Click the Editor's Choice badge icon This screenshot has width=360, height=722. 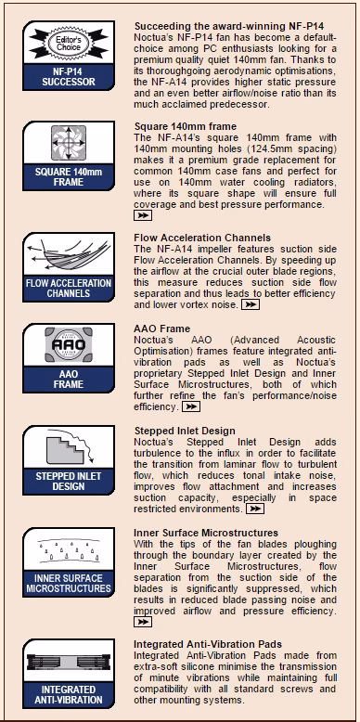(69, 44)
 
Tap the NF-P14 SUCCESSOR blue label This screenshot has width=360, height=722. (69, 77)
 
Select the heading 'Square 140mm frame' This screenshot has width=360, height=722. (185, 126)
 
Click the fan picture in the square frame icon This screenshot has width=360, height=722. (69, 143)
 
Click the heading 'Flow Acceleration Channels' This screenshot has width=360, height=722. (202, 238)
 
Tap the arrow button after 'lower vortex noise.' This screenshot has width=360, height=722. (251, 304)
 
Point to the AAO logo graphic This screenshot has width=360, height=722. (69, 344)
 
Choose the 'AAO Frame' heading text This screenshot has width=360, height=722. (161, 329)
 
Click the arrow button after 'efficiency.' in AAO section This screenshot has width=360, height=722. (191, 406)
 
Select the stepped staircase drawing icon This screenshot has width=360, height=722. (69, 446)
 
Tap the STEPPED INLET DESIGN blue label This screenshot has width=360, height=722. (69, 482)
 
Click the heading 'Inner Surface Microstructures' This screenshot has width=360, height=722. (206, 534)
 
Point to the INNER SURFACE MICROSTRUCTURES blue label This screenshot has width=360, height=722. (69, 584)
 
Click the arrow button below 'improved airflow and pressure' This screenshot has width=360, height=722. (143, 622)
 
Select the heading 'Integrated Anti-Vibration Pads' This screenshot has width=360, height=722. (208, 644)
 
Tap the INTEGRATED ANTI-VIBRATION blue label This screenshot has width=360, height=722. (69, 695)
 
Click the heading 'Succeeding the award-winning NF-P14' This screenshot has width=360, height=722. (229, 26)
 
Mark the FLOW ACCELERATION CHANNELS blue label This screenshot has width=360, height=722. (69, 289)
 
